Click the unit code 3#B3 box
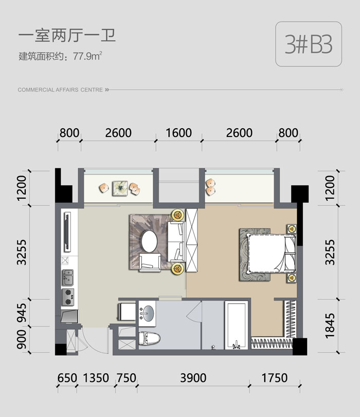coord(309,44)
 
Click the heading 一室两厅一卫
coord(67,36)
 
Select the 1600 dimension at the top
coord(178,133)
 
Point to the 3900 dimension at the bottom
coord(193,378)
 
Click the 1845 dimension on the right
coord(330,326)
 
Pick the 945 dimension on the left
coord(22,313)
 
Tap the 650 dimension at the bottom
coord(67,378)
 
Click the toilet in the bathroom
coord(150,338)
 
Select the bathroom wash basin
coord(147,313)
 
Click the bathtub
coord(237,325)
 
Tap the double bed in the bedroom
coord(272,253)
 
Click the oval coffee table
coord(149,241)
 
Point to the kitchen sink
coord(68,277)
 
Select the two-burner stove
coord(68,297)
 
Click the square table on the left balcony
coord(120,188)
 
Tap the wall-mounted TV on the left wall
coord(67,231)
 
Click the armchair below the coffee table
coord(150,263)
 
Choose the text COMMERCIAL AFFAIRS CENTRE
coord(60,90)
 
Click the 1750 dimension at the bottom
coord(275,378)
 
